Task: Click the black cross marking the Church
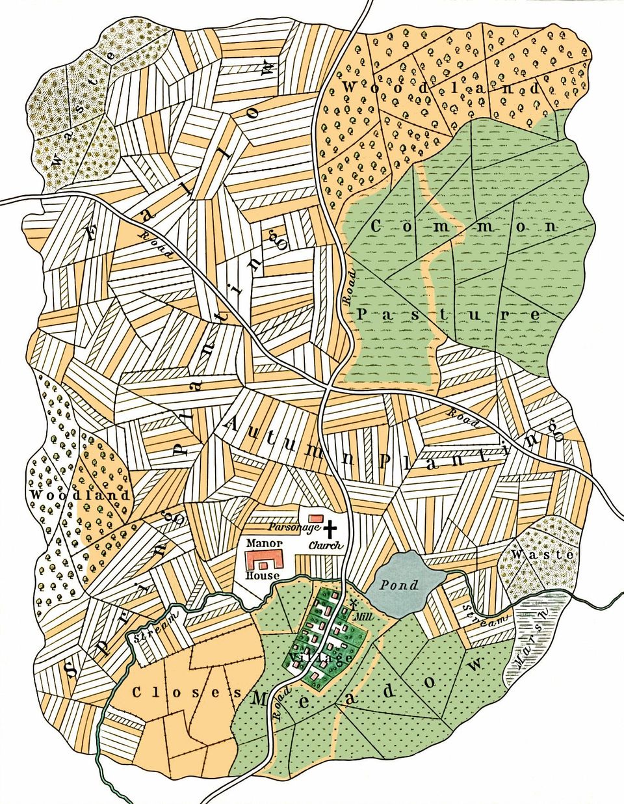(x=332, y=528)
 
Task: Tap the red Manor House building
(x=265, y=560)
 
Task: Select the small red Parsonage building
(x=314, y=516)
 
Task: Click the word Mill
(x=356, y=614)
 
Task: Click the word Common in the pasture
(x=465, y=226)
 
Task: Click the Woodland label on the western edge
(x=80, y=495)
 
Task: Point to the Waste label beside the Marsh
(x=541, y=555)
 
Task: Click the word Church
(x=326, y=545)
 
